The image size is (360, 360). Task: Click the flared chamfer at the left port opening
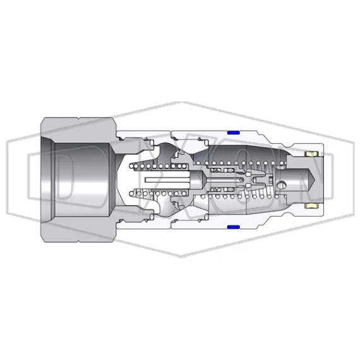pyautogui.click(x=47, y=179)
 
